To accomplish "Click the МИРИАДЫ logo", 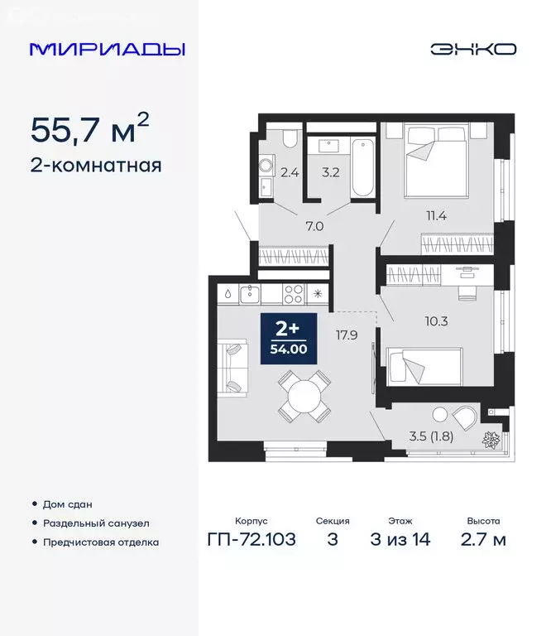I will click(x=107, y=49).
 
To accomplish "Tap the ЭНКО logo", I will click(x=472, y=49).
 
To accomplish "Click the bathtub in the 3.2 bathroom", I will click(x=362, y=169).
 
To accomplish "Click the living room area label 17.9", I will click(x=346, y=335).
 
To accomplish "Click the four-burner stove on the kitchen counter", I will click(x=294, y=292).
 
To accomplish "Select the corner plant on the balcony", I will click(x=489, y=440).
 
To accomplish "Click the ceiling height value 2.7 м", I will click(x=483, y=540).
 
